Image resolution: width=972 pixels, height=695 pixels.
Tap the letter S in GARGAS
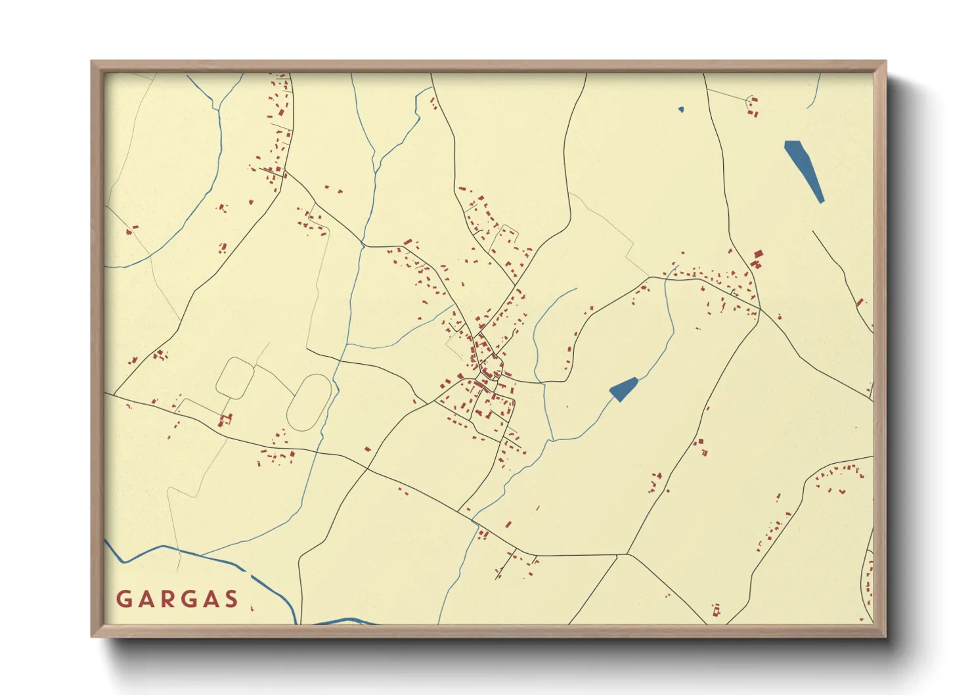(231, 599)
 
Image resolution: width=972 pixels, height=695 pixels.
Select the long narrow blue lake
(804, 170)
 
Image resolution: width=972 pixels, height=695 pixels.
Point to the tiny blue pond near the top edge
(681, 109)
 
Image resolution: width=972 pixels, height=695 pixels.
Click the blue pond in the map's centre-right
(623, 390)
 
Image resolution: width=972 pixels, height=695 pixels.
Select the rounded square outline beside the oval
(234, 378)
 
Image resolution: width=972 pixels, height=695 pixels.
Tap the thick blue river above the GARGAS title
(217, 562)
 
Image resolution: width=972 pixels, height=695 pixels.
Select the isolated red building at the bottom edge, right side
(716, 610)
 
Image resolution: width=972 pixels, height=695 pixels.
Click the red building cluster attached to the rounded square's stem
(227, 418)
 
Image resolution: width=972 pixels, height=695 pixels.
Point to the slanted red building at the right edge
(859, 302)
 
